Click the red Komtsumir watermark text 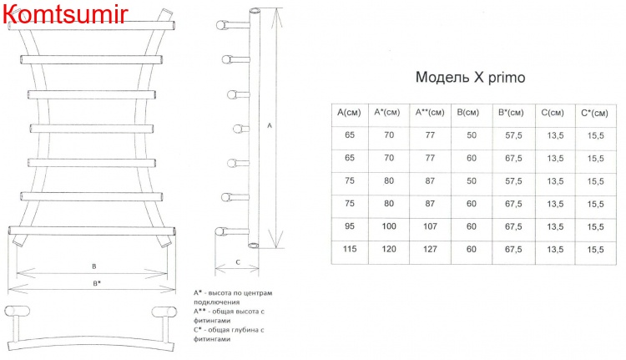pyautogui.click(x=65, y=13)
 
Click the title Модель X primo pyautogui.click(x=470, y=77)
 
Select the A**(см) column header pyautogui.click(x=430, y=112)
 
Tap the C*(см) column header pyautogui.click(x=594, y=113)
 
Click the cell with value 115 pyautogui.click(x=350, y=249)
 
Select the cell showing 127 pyautogui.click(x=430, y=249)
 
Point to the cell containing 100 pyautogui.click(x=389, y=226)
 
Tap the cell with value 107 pyautogui.click(x=430, y=226)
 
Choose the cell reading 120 pyautogui.click(x=389, y=249)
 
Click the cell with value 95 pyautogui.click(x=350, y=226)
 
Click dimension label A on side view pyautogui.click(x=270, y=125)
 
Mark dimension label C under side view pyautogui.click(x=238, y=262)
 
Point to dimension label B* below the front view pyautogui.click(x=97, y=283)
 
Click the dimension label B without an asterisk pyautogui.click(x=94, y=266)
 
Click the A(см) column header pyautogui.click(x=349, y=112)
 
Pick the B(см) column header pyautogui.click(x=468, y=112)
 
